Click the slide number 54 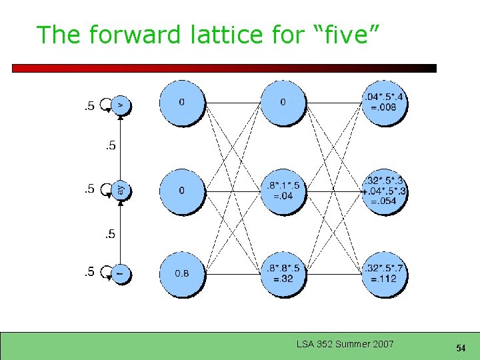click(x=460, y=348)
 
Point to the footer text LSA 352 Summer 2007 click(x=345, y=345)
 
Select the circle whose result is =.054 click(x=383, y=191)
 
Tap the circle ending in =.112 click(x=383, y=274)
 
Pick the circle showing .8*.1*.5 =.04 click(x=283, y=191)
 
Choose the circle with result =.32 click(x=283, y=274)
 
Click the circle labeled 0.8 click(x=182, y=274)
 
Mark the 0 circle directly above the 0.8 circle click(x=182, y=191)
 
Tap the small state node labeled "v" click(x=121, y=105)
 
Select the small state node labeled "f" click(x=121, y=273)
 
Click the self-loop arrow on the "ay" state click(x=105, y=191)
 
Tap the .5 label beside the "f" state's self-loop click(x=87, y=271)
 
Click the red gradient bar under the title click(x=224, y=68)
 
